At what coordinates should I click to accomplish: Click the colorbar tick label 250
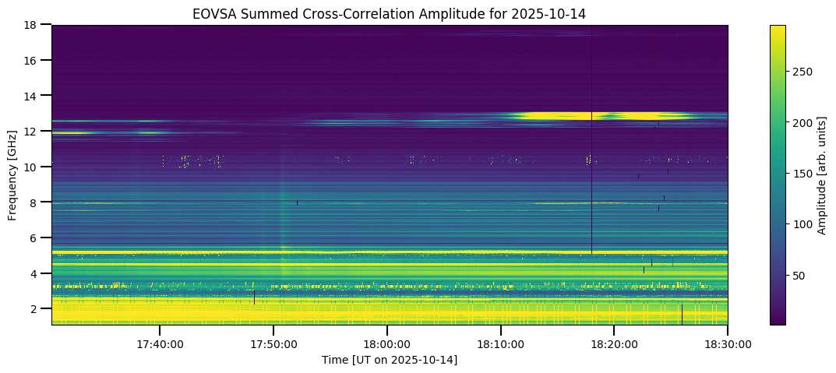coord(803,72)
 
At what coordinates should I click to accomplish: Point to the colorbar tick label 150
coord(803,174)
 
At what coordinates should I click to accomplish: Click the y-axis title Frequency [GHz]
coord(12,174)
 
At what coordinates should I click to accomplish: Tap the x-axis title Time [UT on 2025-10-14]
coord(390,360)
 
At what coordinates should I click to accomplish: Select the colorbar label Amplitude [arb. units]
coord(822,174)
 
